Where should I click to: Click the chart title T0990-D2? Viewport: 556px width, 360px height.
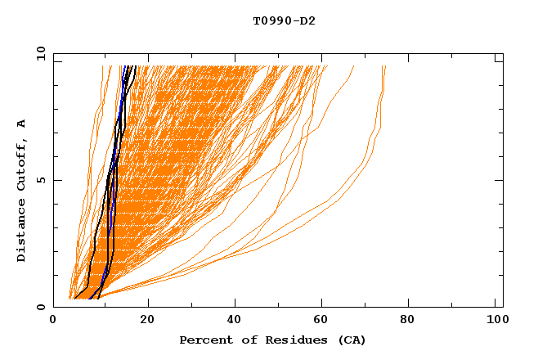(x=284, y=21)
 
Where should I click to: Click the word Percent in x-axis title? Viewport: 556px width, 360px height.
(x=204, y=340)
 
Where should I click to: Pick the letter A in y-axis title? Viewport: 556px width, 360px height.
(x=22, y=124)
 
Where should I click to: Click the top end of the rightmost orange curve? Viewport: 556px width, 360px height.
(x=384, y=66)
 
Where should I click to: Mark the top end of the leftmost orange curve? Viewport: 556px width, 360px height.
(x=103, y=66)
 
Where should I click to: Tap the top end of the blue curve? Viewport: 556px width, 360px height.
(x=125, y=66)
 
